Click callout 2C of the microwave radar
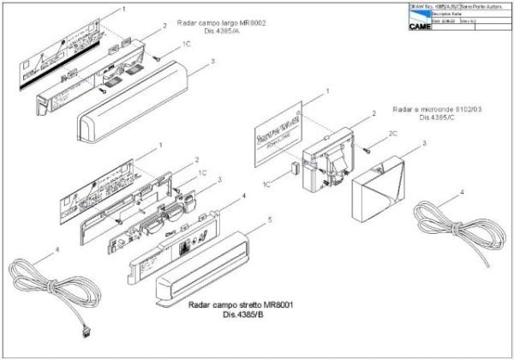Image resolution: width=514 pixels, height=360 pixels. point(393,135)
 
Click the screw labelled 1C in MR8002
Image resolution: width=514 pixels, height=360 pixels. point(158,57)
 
